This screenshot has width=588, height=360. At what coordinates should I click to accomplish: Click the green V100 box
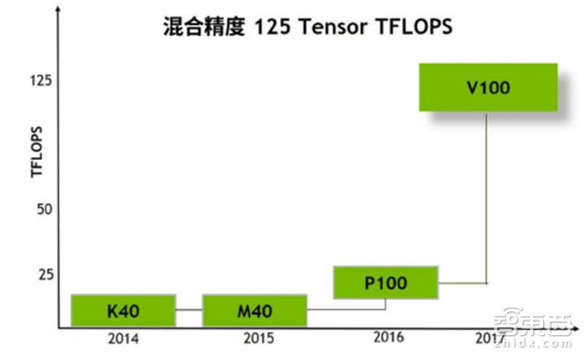click(x=488, y=88)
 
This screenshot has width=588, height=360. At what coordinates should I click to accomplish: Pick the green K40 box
click(x=122, y=309)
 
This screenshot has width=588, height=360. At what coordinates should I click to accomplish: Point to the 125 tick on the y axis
click(x=40, y=82)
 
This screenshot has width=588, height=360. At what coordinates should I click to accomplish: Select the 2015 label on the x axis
click(x=258, y=339)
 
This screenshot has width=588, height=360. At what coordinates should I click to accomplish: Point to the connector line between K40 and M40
click(x=187, y=310)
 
